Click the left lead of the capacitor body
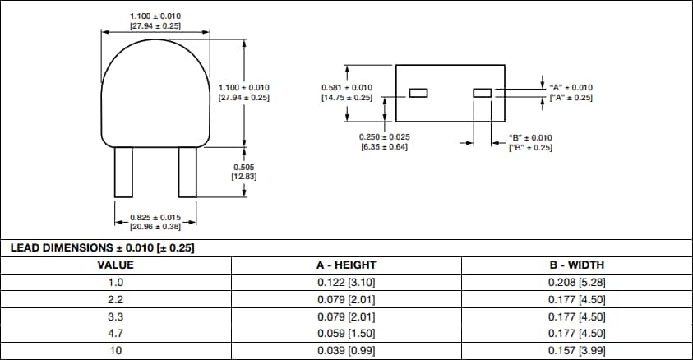click(123, 172)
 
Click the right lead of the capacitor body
click(187, 172)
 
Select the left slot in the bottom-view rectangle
click(419, 93)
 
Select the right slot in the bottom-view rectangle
click(482, 93)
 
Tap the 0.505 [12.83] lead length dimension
click(245, 172)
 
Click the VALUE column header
click(115, 265)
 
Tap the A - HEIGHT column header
click(346, 265)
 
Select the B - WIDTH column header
click(576, 265)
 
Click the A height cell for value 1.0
click(346, 282)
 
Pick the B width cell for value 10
click(576, 351)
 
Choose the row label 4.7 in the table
click(115, 334)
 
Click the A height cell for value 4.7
click(346, 334)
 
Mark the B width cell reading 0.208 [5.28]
click(576, 282)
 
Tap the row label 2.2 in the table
click(115, 299)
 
